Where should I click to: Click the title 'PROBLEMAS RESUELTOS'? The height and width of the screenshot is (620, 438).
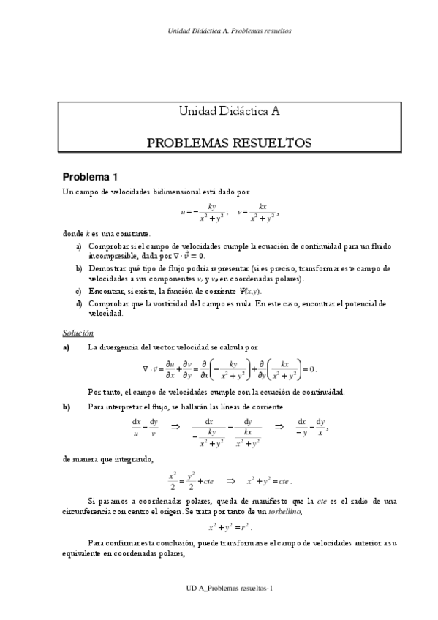(x=229, y=142)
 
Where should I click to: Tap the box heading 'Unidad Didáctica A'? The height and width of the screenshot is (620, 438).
(x=229, y=111)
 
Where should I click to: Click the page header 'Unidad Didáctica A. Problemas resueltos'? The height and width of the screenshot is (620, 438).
(x=230, y=31)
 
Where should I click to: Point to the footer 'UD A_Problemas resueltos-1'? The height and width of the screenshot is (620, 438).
(x=230, y=587)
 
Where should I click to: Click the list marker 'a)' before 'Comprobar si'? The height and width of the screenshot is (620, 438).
(x=79, y=248)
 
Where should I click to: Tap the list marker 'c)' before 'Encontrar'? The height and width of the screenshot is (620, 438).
(x=79, y=290)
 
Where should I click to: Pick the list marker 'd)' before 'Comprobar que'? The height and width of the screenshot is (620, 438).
(x=79, y=303)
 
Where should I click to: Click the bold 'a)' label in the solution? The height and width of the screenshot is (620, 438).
(x=67, y=348)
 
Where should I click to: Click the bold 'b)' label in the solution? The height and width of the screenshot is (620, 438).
(x=67, y=407)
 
